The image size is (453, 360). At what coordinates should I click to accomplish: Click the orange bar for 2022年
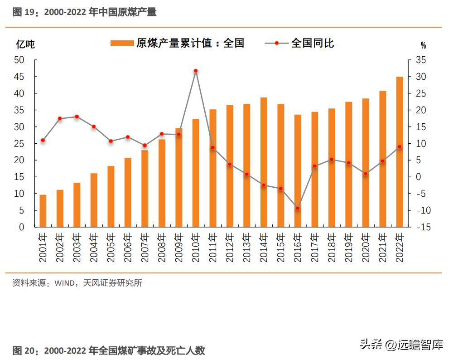point(400,152)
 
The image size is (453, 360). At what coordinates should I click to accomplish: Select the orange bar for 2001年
point(43,211)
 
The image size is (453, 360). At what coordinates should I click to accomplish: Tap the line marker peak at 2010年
point(196,71)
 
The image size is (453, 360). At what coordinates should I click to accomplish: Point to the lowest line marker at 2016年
point(298,208)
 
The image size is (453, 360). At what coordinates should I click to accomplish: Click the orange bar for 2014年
point(264,162)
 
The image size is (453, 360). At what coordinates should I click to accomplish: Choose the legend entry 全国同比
point(299,43)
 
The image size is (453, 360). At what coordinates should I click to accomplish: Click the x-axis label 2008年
point(162,248)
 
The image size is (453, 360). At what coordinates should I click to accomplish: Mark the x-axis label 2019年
point(349,248)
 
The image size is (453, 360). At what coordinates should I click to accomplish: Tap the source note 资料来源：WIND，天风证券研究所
point(77,283)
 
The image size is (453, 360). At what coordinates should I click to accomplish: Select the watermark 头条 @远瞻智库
point(401,345)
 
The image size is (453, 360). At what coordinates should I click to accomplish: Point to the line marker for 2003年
point(77,117)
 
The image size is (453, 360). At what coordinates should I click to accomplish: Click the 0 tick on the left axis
point(21,227)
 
